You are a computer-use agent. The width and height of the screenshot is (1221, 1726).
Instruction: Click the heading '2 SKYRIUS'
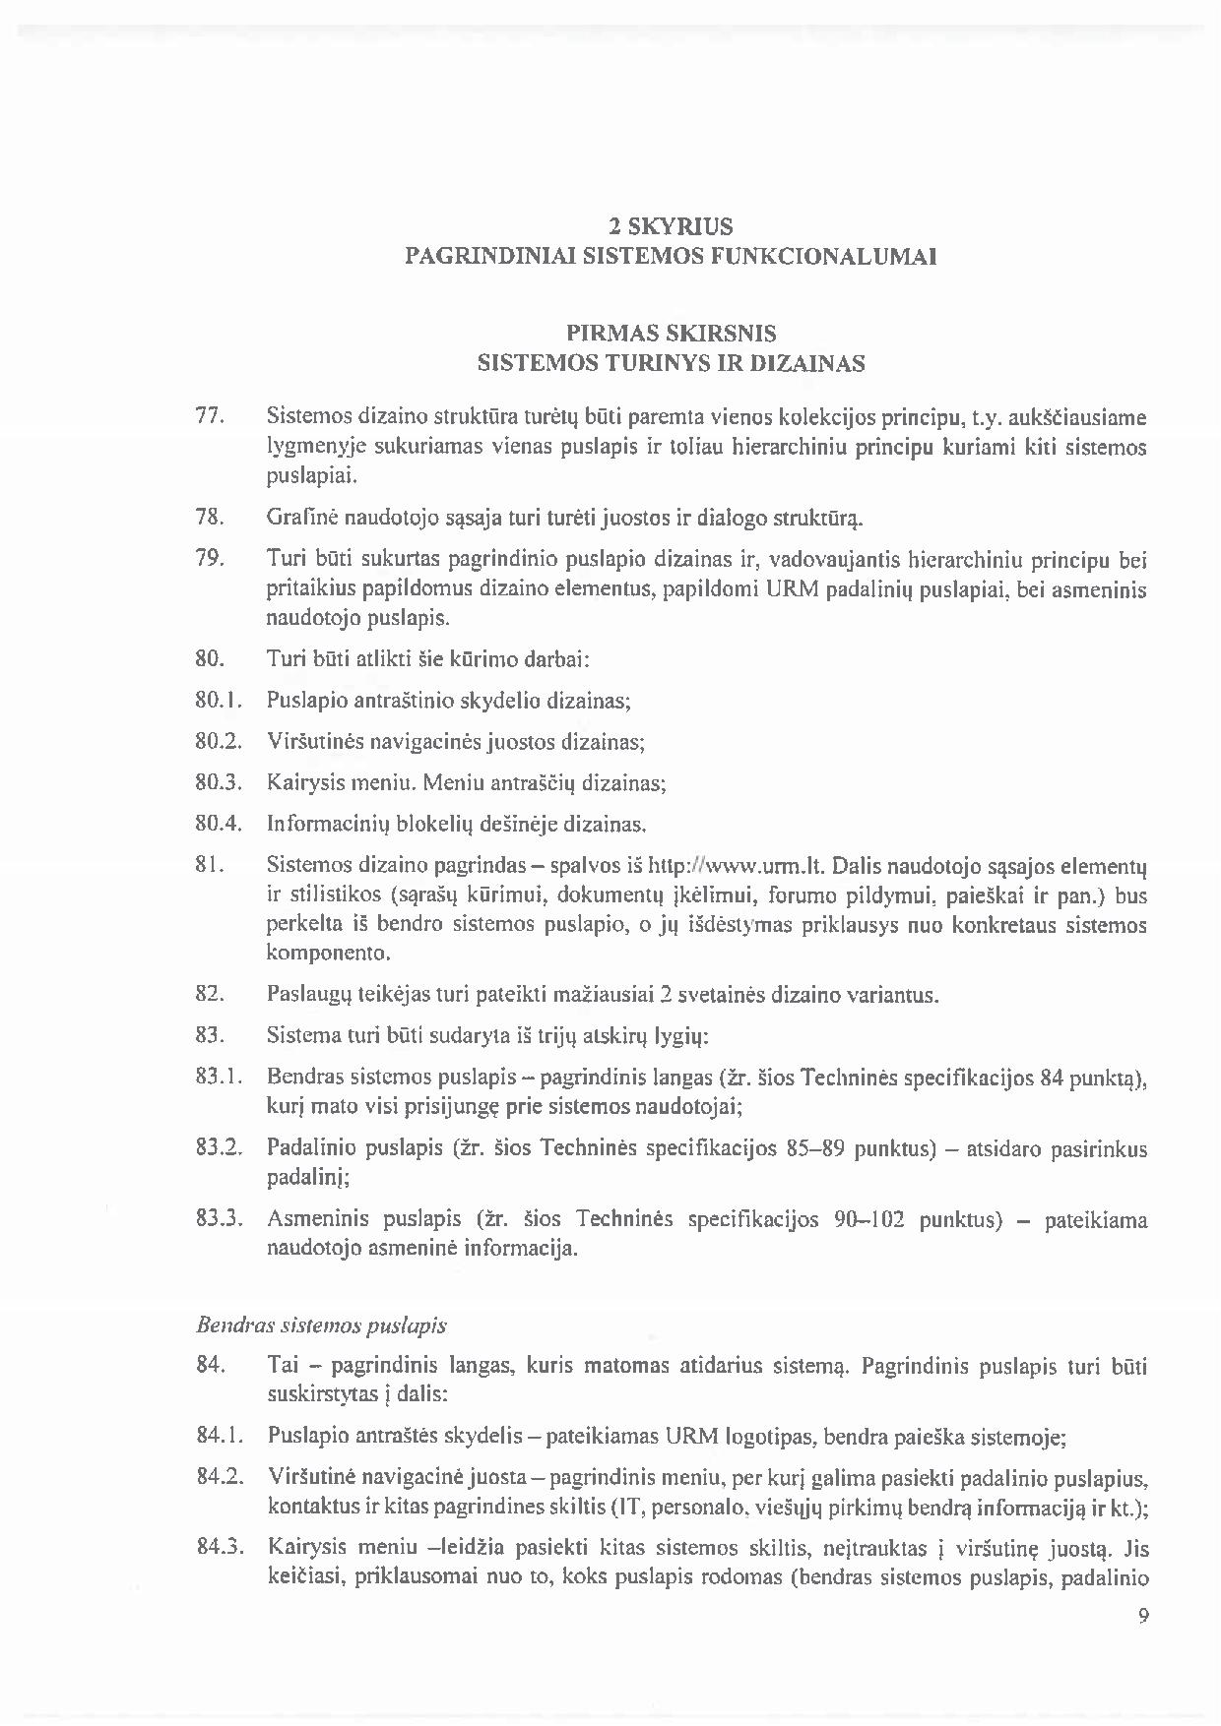pyautogui.click(x=671, y=227)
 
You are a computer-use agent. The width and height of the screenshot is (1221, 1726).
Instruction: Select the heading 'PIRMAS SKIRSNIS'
pyautogui.click(x=671, y=334)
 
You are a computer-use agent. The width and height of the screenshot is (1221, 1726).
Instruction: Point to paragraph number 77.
pyautogui.click(x=212, y=416)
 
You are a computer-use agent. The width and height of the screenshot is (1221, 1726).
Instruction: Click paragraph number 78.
pyautogui.click(x=212, y=517)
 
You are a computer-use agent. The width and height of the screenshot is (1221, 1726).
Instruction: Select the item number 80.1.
pyautogui.click(x=219, y=701)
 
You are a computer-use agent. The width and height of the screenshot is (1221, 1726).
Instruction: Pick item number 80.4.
pyautogui.click(x=219, y=824)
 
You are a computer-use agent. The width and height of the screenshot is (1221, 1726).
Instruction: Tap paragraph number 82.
pyautogui.click(x=212, y=994)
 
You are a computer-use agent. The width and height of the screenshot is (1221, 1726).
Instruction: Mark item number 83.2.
pyautogui.click(x=219, y=1148)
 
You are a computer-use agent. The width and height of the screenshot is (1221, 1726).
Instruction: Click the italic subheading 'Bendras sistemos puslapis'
pyautogui.click(x=322, y=1325)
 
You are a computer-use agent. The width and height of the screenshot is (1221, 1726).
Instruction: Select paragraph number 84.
pyautogui.click(x=212, y=1366)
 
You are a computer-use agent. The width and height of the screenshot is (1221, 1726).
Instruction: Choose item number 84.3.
pyautogui.click(x=219, y=1549)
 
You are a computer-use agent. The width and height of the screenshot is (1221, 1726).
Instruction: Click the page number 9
pyautogui.click(x=1143, y=1616)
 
